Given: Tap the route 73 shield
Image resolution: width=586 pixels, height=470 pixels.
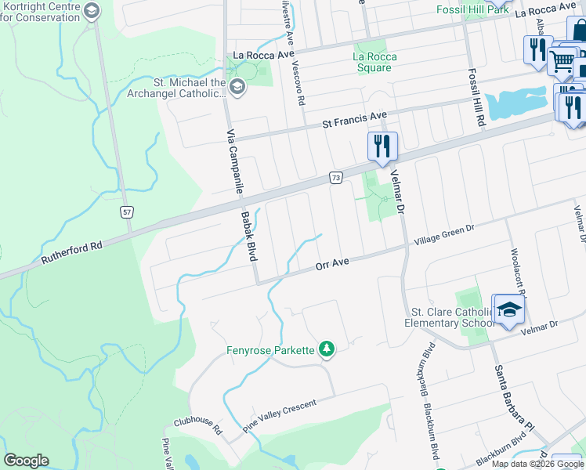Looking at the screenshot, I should (x=335, y=179).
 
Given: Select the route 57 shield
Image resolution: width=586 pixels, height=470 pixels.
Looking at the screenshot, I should (x=128, y=212).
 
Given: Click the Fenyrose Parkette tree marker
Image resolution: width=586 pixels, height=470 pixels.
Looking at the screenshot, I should (x=326, y=349).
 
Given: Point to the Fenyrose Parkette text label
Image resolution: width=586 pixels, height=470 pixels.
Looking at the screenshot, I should (x=270, y=350).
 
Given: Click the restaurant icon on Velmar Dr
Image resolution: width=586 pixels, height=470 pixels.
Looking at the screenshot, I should (x=382, y=146).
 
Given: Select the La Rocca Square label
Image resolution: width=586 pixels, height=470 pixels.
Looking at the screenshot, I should (x=374, y=62).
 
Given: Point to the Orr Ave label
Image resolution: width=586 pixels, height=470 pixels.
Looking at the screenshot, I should (x=332, y=266).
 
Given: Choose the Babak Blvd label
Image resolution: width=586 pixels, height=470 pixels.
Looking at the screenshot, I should (x=249, y=231).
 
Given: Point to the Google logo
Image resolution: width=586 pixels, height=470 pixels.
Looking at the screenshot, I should (x=26, y=461).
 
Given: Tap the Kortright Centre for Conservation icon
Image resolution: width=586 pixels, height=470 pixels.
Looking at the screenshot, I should (x=92, y=11).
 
